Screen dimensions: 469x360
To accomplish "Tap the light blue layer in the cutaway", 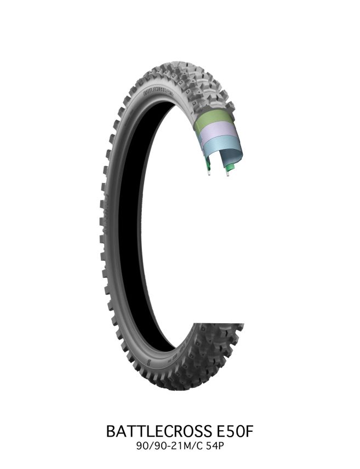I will click(222, 150).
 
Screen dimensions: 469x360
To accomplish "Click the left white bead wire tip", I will click(209, 173).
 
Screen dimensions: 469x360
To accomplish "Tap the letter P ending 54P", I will click(221, 447).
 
